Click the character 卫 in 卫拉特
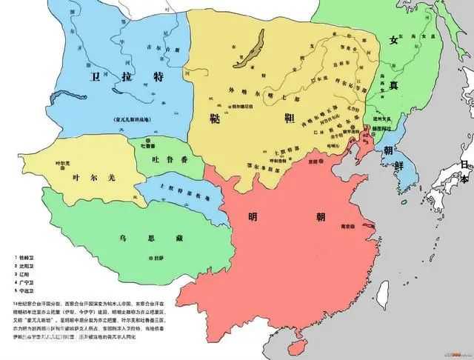click(94, 76)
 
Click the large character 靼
click(290, 120)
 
